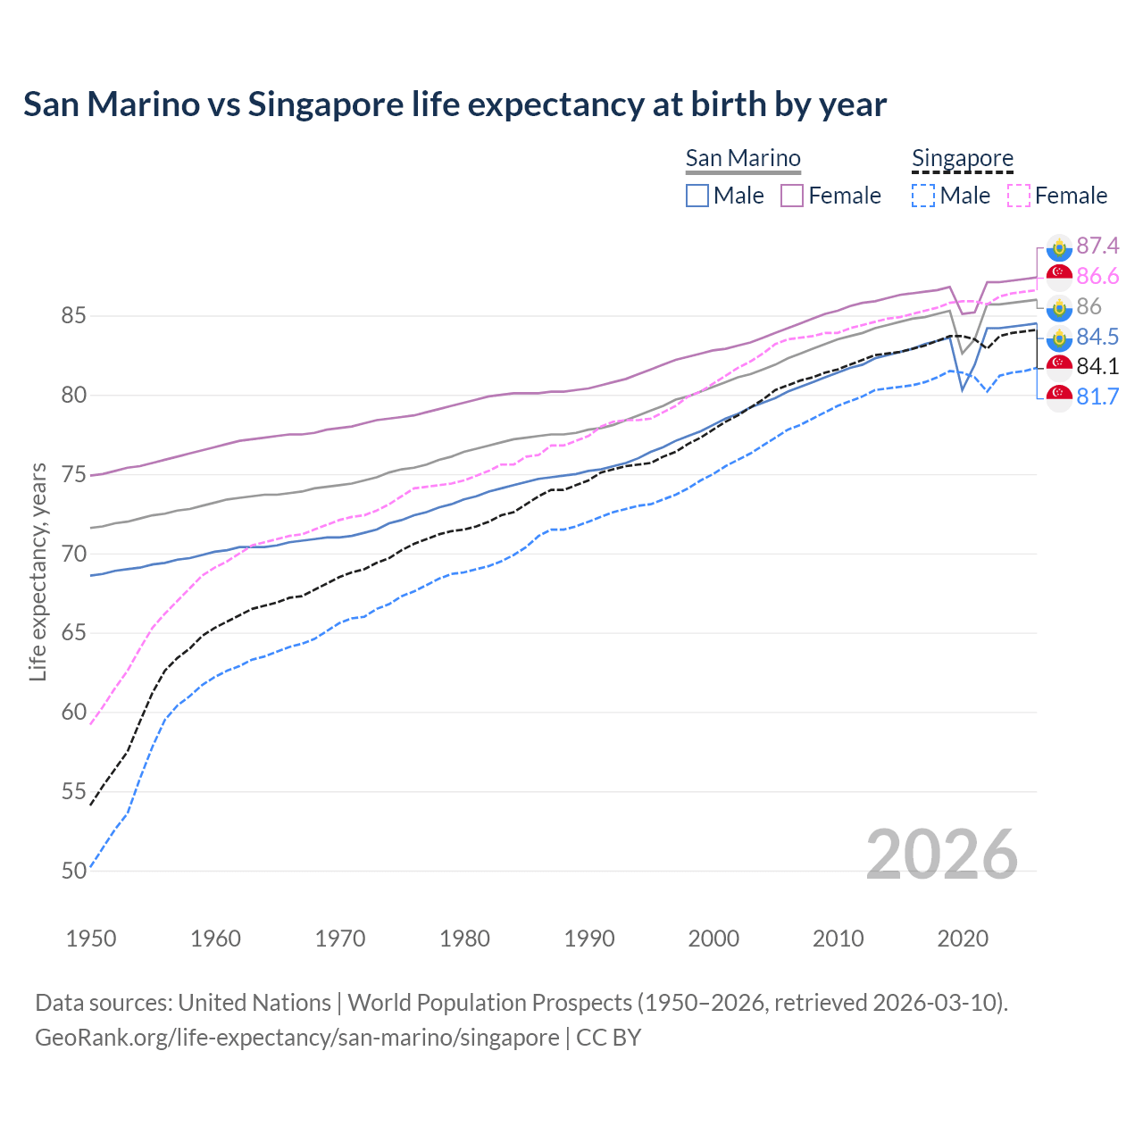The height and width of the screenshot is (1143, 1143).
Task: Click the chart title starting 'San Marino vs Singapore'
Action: point(455,104)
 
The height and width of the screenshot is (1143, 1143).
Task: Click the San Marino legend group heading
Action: point(743,158)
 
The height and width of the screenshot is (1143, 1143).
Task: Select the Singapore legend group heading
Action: point(963,158)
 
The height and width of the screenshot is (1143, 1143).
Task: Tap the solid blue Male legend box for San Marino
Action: point(697,196)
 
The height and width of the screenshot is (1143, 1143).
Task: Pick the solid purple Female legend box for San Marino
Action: point(792,196)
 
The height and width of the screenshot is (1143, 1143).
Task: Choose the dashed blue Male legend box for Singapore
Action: point(923,196)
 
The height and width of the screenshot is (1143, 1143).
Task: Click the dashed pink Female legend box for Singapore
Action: point(1019,196)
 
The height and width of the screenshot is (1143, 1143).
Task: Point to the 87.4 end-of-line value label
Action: point(1097,246)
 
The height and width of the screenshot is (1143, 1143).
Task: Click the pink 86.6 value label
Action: point(1097,277)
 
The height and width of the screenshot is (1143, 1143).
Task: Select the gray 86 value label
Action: point(1089,307)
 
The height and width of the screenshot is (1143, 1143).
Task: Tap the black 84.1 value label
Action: point(1097,367)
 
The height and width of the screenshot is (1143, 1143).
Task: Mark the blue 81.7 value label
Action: point(1097,397)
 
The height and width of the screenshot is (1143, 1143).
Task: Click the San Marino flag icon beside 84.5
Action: point(1059,338)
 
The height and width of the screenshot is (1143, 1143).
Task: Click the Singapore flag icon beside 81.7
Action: point(1059,397)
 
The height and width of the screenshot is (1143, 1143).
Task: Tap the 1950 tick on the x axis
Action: point(91,939)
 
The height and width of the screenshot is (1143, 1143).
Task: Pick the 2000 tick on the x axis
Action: point(713,939)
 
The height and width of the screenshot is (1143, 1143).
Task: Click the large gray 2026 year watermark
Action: point(941,855)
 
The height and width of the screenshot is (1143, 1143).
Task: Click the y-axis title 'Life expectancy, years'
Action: point(38,571)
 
